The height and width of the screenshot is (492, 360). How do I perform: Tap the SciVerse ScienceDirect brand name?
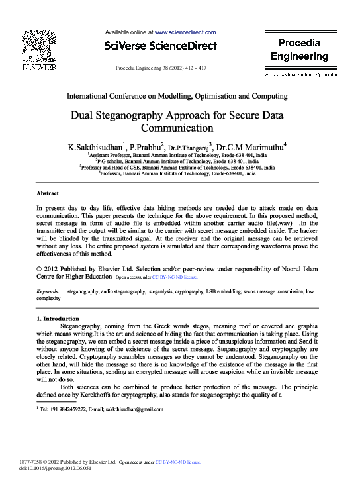(x=161, y=46)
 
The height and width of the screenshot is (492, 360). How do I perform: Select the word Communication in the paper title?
(x=180, y=127)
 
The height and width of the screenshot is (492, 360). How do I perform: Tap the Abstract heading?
(x=48, y=193)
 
